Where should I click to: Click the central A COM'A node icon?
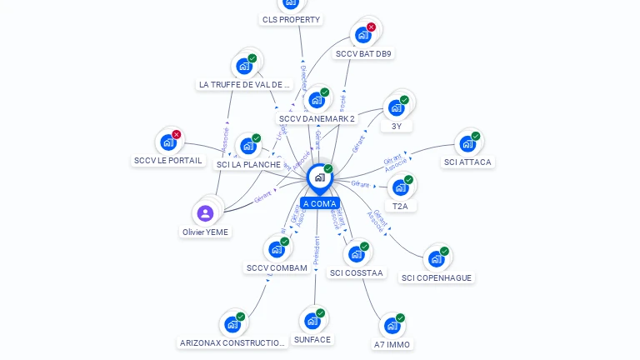(319, 177)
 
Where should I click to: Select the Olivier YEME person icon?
(205, 213)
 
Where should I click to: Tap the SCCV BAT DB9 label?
(363, 53)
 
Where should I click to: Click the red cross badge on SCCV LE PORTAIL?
(177, 134)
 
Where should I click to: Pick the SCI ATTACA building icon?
(467, 143)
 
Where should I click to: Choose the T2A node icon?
(400, 187)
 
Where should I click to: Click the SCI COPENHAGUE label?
(437, 277)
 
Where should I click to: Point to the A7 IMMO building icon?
(391, 326)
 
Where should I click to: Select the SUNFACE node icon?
(312, 321)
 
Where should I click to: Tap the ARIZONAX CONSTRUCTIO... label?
(233, 342)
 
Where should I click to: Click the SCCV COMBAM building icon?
(276, 249)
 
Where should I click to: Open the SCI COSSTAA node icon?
(356, 254)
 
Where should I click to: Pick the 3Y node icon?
(396, 107)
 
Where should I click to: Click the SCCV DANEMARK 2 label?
(317, 118)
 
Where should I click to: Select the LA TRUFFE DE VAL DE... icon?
(243, 66)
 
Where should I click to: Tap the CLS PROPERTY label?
(291, 19)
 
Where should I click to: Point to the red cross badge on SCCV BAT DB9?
(372, 27)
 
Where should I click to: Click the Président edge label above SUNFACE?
(317, 251)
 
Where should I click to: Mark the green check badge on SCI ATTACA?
(476, 136)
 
